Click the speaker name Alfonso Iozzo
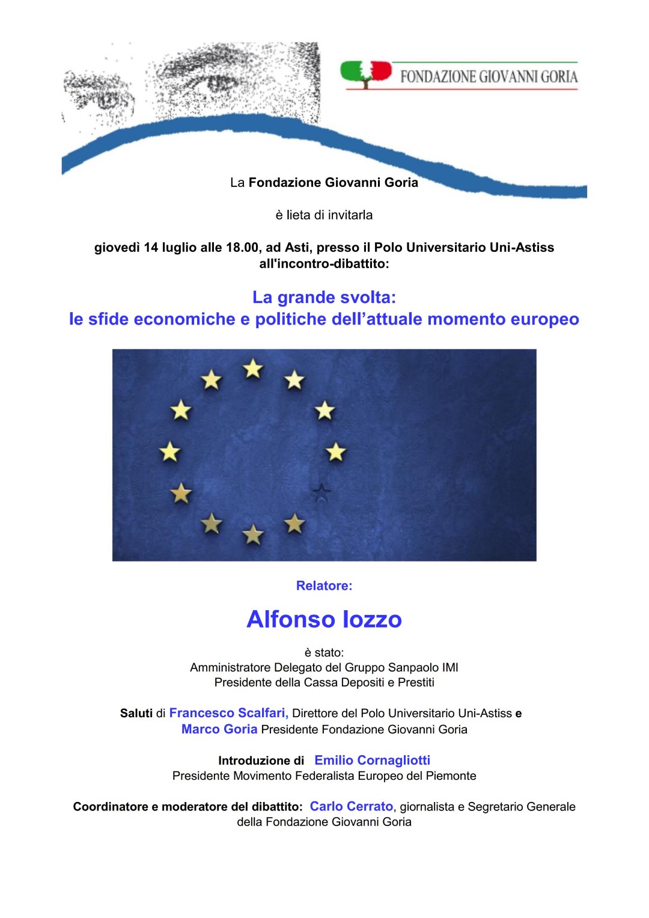[x=324, y=619]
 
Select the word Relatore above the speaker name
[x=323, y=586]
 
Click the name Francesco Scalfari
[x=228, y=713]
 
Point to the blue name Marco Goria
[x=219, y=729]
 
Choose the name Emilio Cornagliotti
[x=372, y=760]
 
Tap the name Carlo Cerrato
[x=351, y=806]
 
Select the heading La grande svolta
[x=324, y=297]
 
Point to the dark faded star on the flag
[x=322, y=493]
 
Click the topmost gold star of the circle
[x=253, y=369]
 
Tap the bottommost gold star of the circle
[x=253, y=534]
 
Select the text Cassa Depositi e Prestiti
[x=369, y=682]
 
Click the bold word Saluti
[x=136, y=714]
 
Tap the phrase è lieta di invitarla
[x=324, y=215]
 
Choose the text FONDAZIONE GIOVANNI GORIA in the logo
[x=489, y=76]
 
